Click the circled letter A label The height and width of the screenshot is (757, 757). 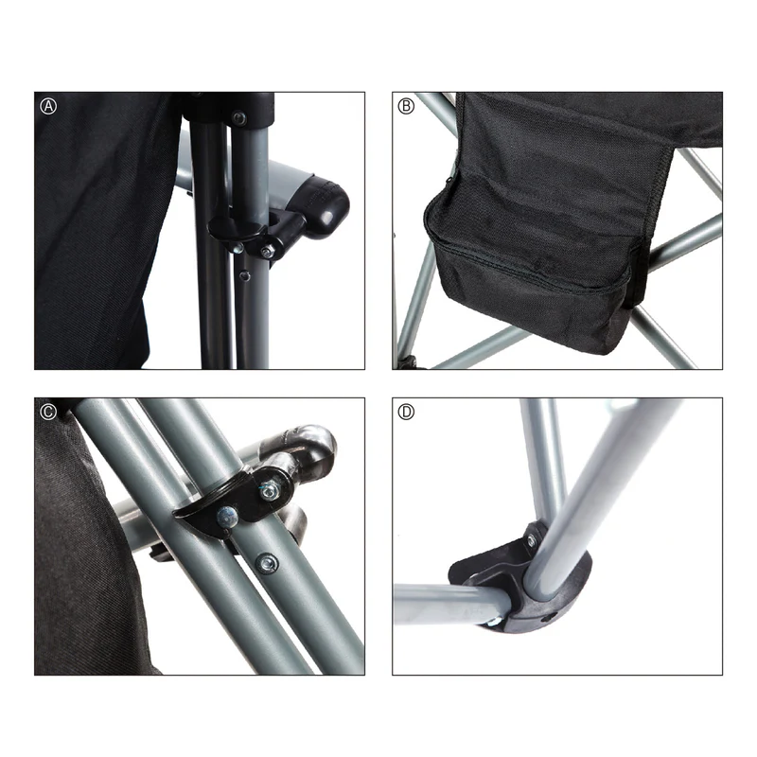click(49, 106)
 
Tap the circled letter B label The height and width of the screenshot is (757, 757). click(407, 106)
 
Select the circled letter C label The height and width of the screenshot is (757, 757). click(49, 412)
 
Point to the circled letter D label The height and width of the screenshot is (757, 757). click(407, 412)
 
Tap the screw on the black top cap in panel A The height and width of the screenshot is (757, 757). click(238, 118)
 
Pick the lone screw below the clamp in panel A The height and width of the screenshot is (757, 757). click(245, 276)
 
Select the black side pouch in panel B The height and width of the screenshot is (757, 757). click(530, 255)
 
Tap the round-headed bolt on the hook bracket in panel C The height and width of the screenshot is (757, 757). click(228, 516)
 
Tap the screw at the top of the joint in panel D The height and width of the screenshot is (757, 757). click(531, 541)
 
